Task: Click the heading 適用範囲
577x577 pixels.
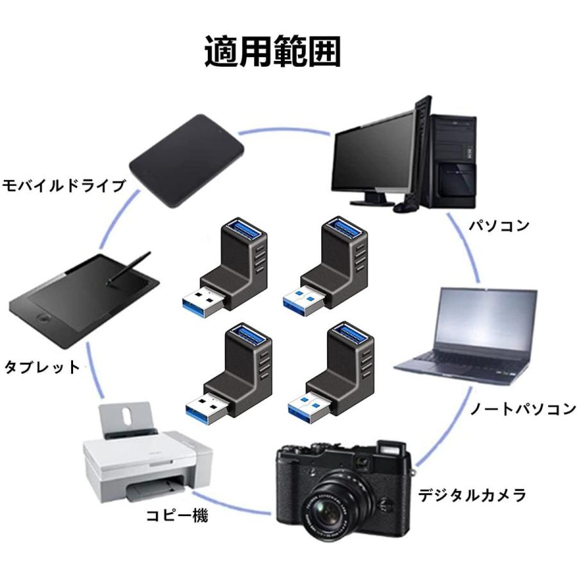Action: point(272,53)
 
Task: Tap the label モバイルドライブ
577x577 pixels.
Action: point(63,186)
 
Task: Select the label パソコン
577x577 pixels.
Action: point(498,226)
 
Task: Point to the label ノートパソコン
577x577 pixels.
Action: point(523,408)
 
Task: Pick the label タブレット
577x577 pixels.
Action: point(42,367)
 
